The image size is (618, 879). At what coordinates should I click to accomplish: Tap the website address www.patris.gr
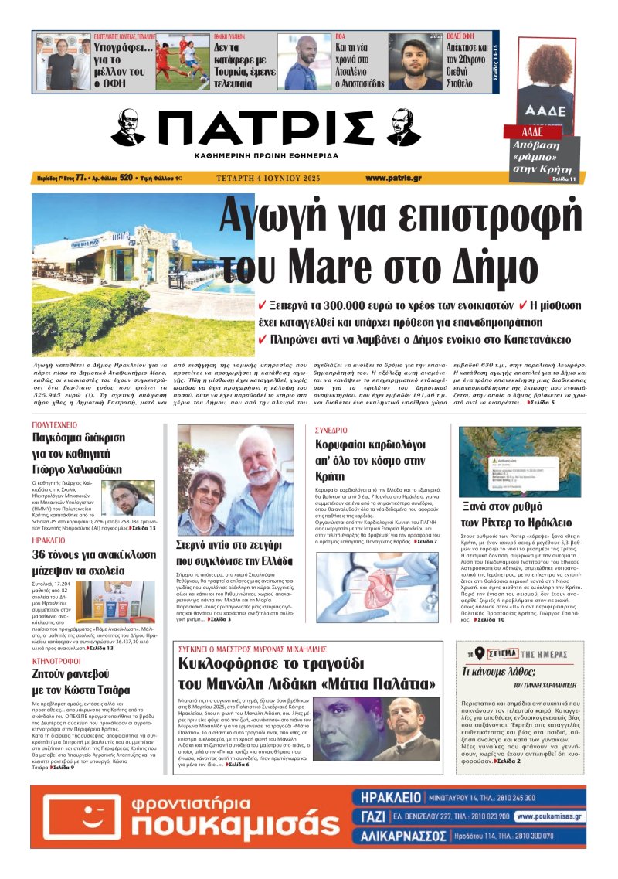[399, 178]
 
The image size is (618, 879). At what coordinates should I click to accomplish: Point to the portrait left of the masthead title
[127, 128]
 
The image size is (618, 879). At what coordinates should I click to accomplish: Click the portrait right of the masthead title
[402, 128]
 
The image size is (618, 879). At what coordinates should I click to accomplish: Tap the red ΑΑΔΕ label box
[528, 131]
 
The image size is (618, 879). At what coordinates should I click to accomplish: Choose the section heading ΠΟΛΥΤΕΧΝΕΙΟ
[55, 425]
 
